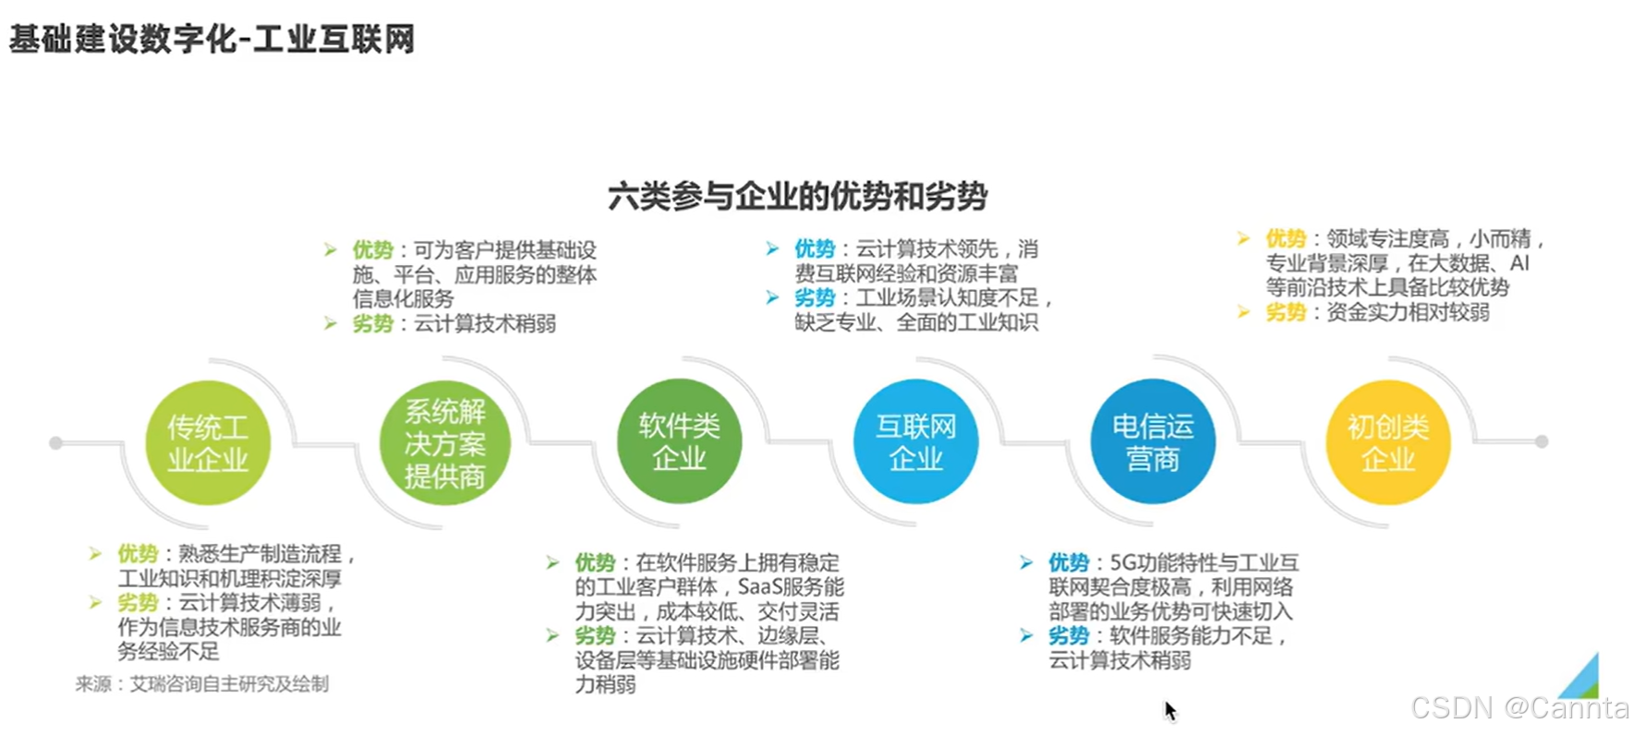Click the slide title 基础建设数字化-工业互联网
(x=212, y=40)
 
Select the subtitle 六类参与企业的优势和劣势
(x=797, y=196)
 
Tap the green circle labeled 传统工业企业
(x=208, y=443)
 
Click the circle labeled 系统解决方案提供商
(x=444, y=443)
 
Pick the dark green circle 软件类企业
(x=679, y=442)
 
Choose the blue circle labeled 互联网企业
(x=915, y=442)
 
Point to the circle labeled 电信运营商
(x=1152, y=442)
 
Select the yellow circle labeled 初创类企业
(x=1387, y=442)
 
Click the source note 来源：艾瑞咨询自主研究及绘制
(x=202, y=684)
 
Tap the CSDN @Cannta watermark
(x=1519, y=707)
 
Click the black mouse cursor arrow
(x=1169, y=710)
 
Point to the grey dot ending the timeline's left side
(x=55, y=443)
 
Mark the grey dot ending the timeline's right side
(x=1542, y=441)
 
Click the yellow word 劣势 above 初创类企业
(x=1285, y=312)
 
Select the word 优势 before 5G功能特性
(x=1069, y=562)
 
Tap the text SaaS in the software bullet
(x=758, y=586)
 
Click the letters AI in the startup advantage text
(x=1519, y=263)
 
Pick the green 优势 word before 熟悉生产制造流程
(x=138, y=554)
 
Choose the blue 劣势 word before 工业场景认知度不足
(x=814, y=298)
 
